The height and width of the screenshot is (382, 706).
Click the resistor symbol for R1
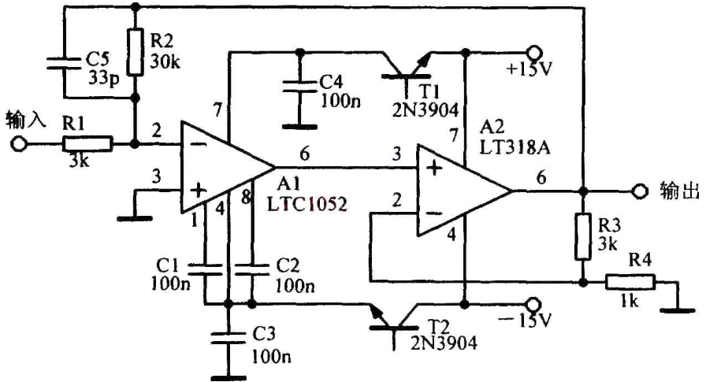click(x=87, y=144)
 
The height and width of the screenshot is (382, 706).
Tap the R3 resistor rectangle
click(x=583, y=237)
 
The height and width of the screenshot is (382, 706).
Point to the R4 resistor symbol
click(x=630, y=282)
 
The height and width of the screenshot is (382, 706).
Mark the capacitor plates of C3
click(x=229, y=337)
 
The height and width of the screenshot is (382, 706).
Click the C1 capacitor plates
click(x=205, y=269)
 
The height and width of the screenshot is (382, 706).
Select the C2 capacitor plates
click(x=252, y=269)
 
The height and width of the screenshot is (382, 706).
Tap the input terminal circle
click(x=19, y=144)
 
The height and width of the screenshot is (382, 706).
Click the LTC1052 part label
click(x=307, y=204)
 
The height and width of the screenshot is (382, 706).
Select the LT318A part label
click(x=515, y=147)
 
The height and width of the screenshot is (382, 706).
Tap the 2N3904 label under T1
click(x=425, y=109)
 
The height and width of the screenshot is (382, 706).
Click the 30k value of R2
click(x=165, y=61)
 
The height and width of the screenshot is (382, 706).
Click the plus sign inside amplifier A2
click(x=434, y=169)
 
